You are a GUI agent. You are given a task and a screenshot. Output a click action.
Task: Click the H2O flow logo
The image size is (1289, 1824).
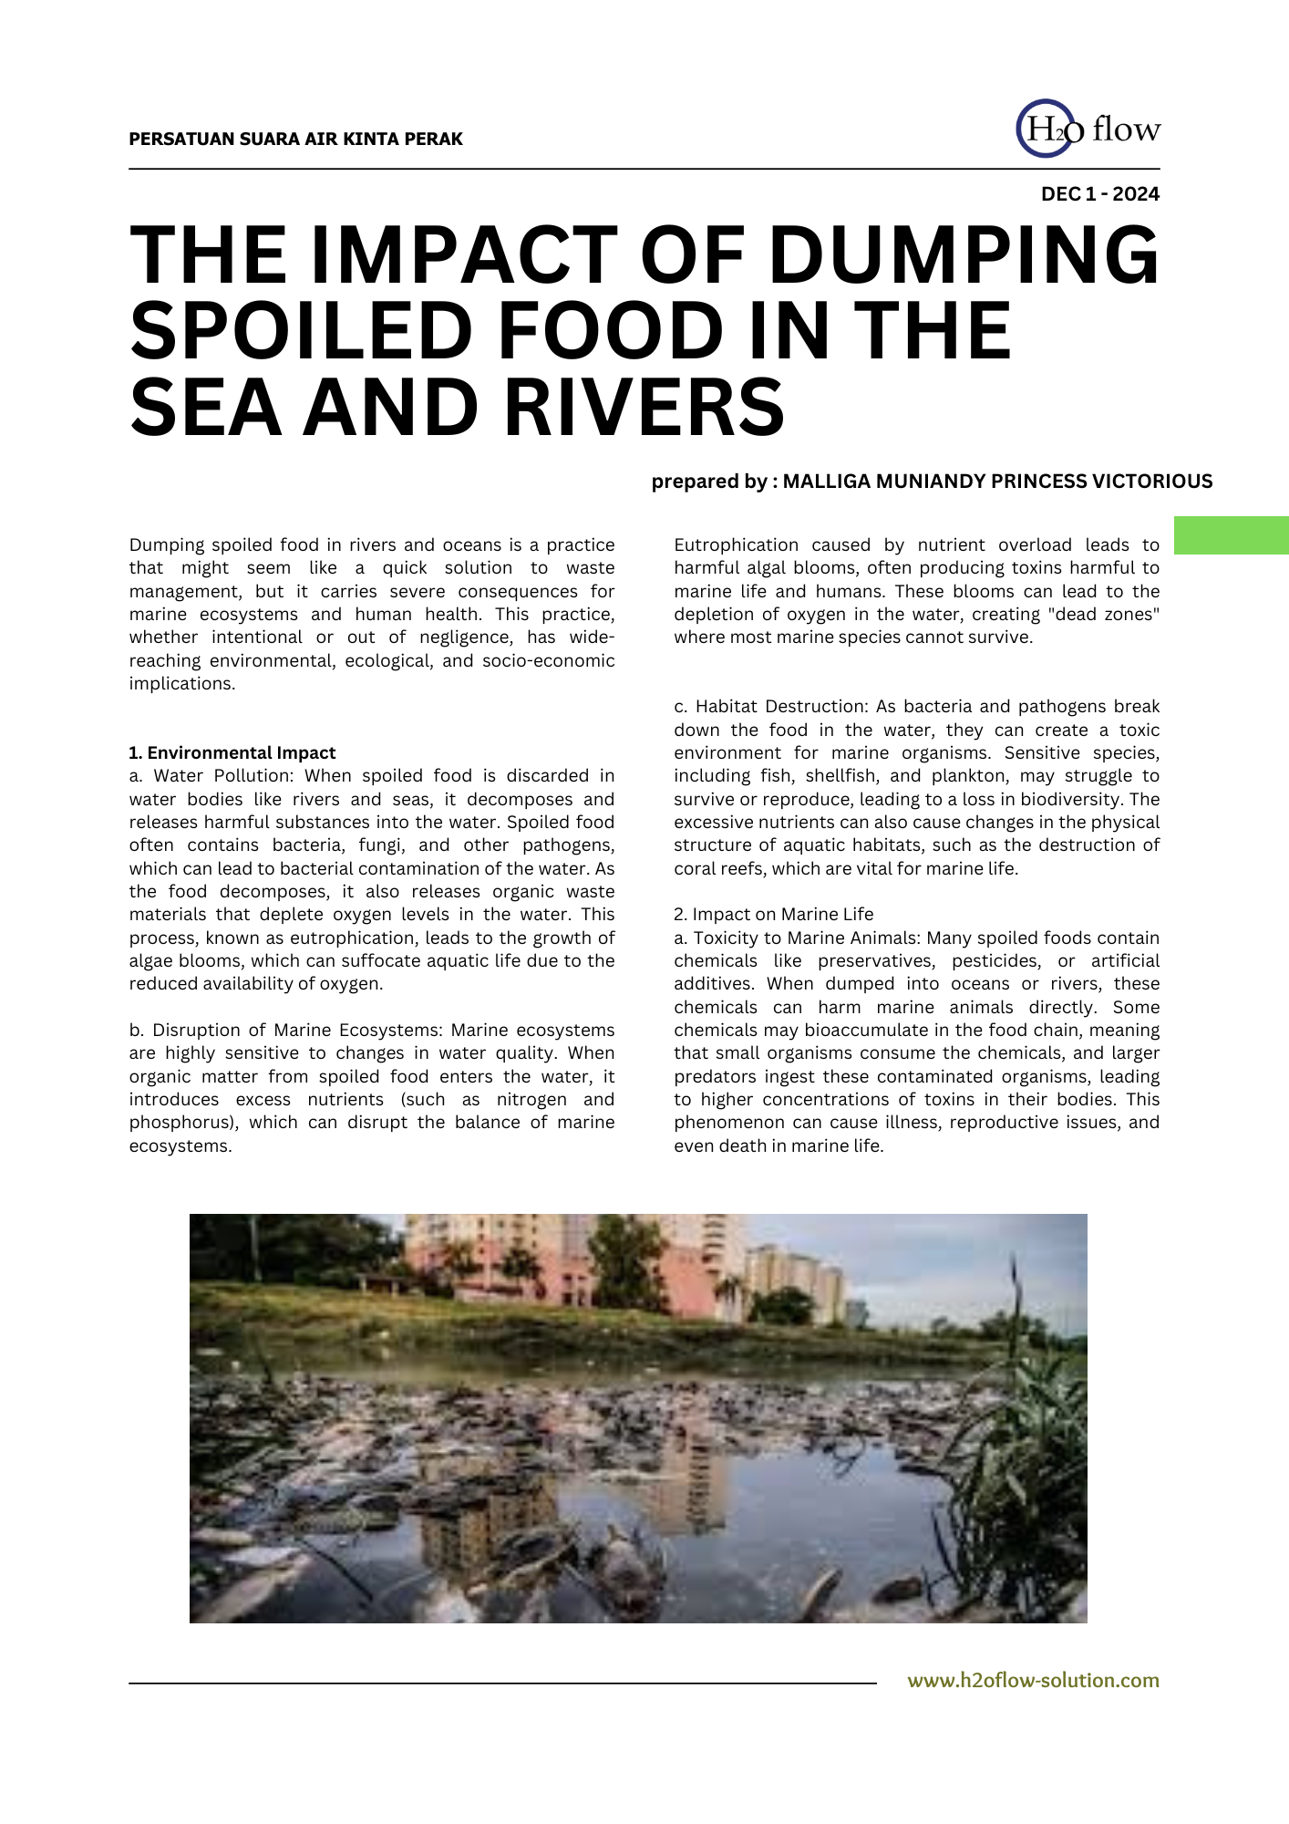(x=1087, y=129)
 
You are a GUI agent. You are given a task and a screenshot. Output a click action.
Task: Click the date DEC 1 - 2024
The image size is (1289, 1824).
(x=1099, y=194)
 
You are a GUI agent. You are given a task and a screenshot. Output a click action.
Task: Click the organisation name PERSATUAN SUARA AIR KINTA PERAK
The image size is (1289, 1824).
(x=295, y=140)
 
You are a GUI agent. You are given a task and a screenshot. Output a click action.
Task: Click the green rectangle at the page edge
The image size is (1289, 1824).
(x=1231, y=535)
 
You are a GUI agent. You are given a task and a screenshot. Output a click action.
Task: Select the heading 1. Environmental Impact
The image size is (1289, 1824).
(x=232, y=753)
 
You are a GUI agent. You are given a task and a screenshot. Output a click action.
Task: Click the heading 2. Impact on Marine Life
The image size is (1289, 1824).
(x=773, y=915)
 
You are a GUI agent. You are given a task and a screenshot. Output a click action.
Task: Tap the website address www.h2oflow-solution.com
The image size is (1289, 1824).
(x=1033, y=1681)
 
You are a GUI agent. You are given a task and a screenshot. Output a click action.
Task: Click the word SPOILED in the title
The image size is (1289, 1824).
(x=306, y=331)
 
